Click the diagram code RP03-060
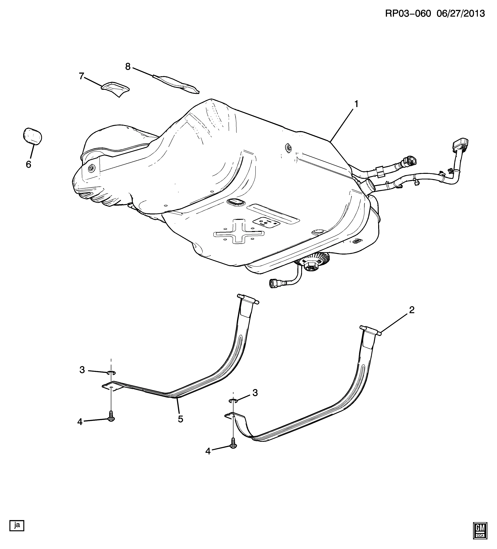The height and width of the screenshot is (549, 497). click(408, 13)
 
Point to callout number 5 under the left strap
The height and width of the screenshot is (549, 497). click(180, 419)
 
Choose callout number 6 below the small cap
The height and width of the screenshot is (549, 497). click(29, 164)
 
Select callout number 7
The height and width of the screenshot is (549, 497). click(81, 76)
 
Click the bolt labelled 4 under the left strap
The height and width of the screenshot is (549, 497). click(111, 418)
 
